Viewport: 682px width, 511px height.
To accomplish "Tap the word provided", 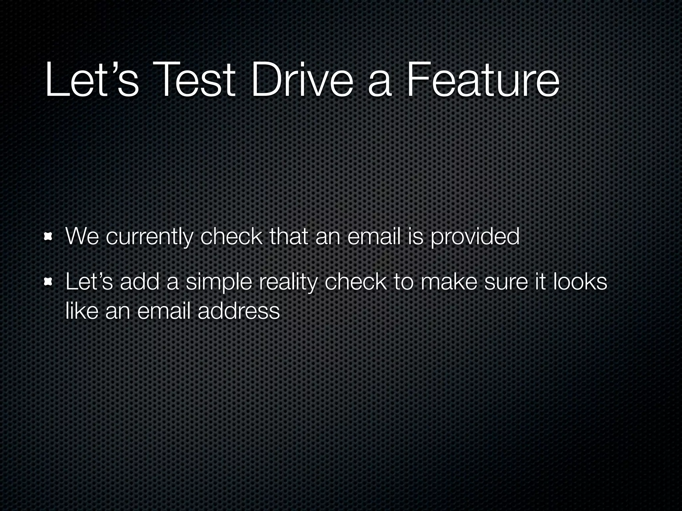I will tap(475, 237).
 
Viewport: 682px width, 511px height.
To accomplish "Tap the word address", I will tap(238, 311).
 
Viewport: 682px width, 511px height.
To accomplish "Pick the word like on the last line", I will tap(82, 311).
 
